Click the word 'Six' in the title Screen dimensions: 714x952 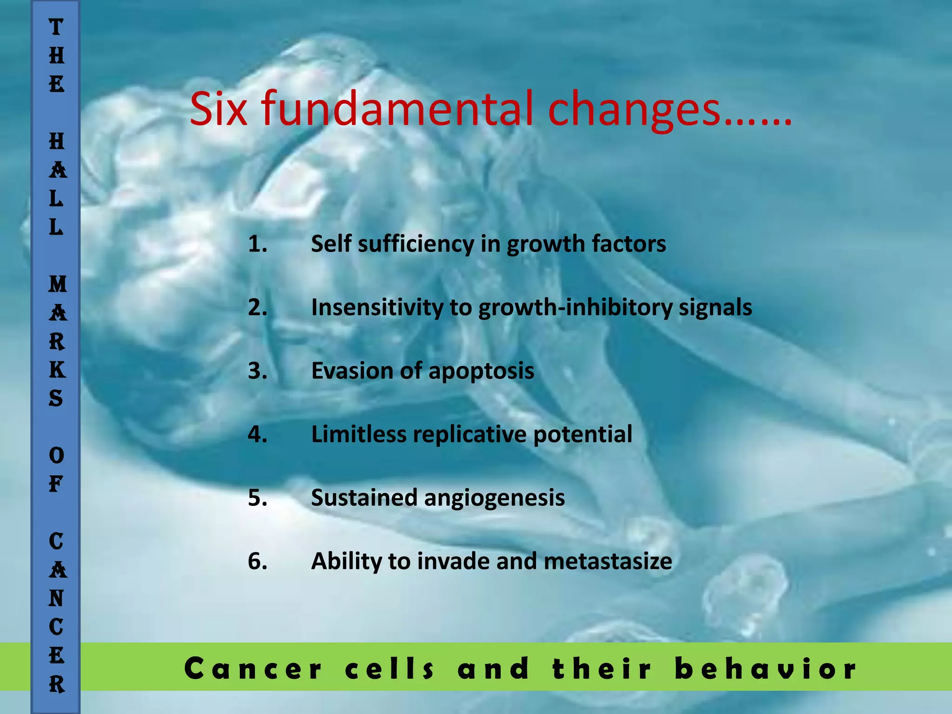(x=218, y=109)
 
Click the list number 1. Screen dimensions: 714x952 (x=257, y=244)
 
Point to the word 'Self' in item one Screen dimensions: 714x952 (x=331, y=244)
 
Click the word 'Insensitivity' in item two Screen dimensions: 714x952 (x=377, y=307)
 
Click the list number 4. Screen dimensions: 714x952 (x=257, y=434)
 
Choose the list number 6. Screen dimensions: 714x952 (x=257, y=561)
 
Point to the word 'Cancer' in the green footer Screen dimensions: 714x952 (x=253, y=669)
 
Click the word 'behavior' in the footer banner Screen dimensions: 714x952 (x=766, y=669)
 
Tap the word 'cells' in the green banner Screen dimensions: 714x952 (x=390, y=669)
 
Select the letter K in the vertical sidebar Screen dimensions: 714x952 (x=57, y=370)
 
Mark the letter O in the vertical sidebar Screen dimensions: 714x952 (x=57, y=456)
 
